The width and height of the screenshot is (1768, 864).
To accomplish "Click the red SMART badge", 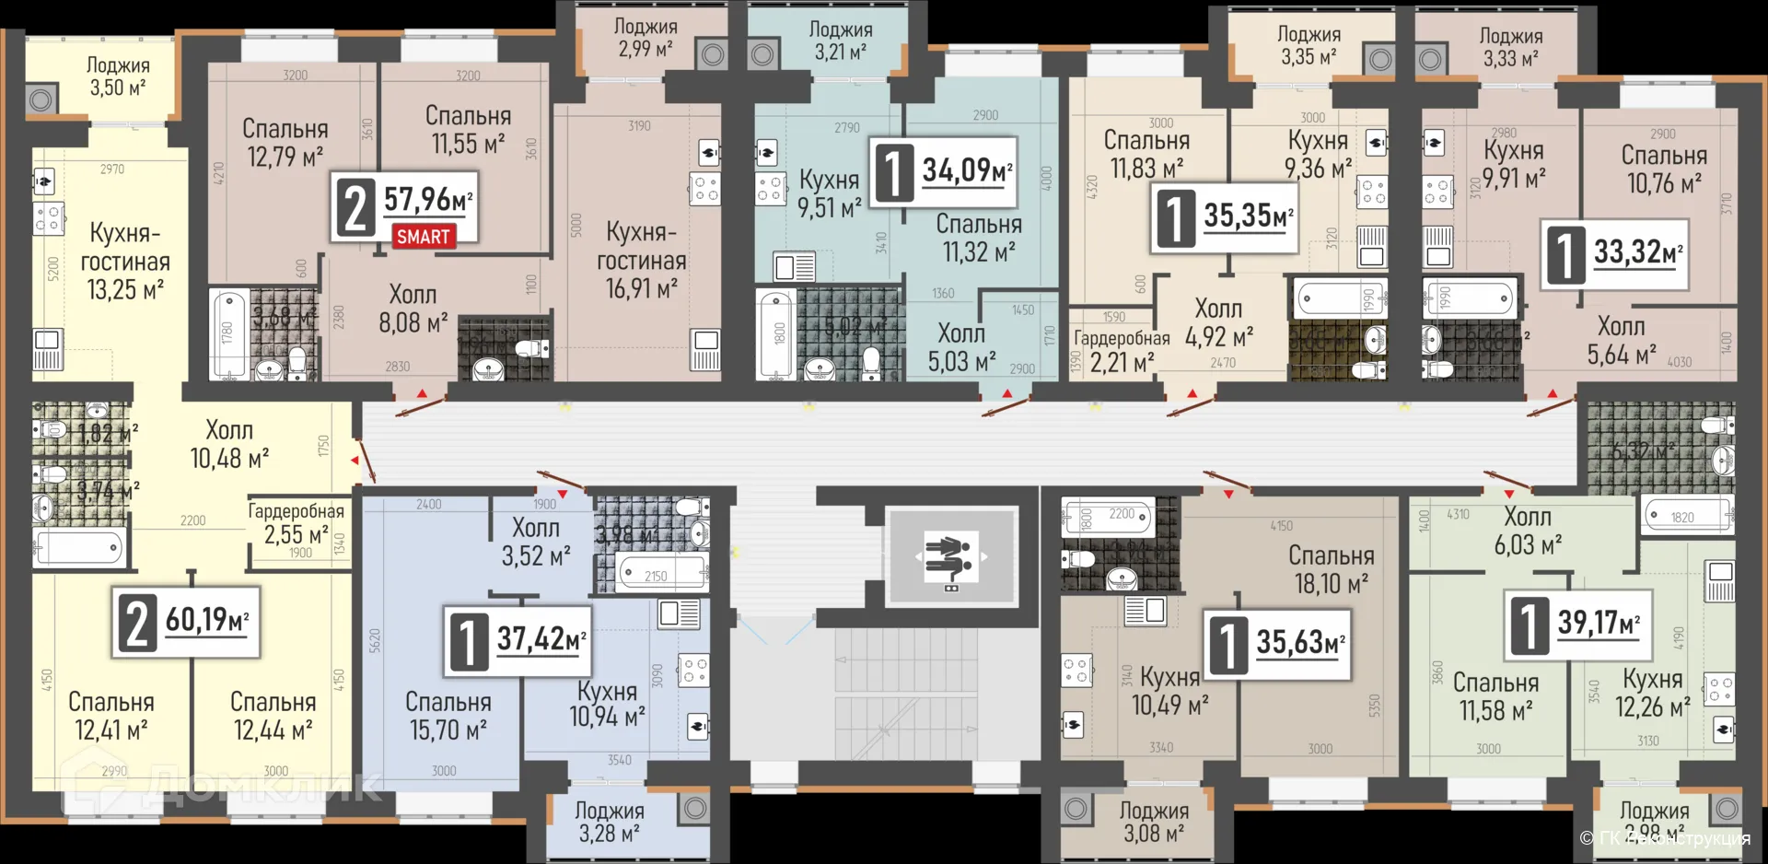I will pos(424,237).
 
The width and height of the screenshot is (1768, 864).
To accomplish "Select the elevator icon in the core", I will pos(951,556).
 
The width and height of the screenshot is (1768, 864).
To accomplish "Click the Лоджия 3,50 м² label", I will pos(118,76).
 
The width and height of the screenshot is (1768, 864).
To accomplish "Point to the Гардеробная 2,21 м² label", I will pos(1122,351).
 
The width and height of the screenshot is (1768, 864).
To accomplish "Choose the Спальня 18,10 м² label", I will pos(1331,569).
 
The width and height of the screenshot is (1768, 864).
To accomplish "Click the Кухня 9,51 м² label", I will pos(829,193).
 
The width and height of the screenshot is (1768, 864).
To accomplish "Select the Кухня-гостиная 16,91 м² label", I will pos(641,260).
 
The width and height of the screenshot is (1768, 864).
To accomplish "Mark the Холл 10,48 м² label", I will pos(229,444).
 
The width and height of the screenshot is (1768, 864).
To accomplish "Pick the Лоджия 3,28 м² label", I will pos(609,823).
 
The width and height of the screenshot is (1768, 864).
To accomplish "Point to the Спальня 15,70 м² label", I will pos(448,716).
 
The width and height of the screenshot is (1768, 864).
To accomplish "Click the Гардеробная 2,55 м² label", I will pos(296,523).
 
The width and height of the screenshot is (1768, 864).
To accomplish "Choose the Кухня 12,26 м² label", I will pos(1652,693).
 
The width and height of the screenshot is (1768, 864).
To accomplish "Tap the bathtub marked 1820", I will pos(1686,516).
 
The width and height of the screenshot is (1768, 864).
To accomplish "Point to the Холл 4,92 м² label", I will pos(1218,322).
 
